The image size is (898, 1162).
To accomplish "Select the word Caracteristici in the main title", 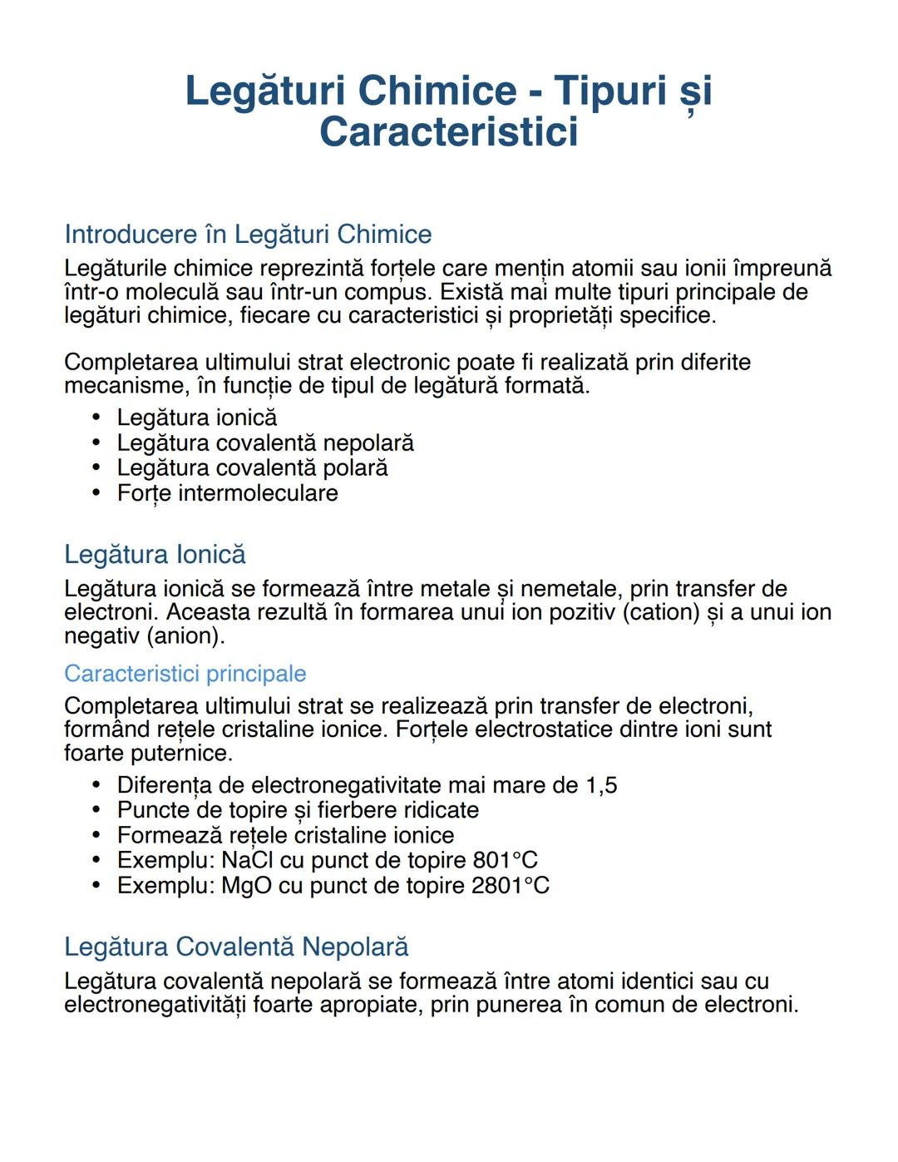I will click(x=448, y=131).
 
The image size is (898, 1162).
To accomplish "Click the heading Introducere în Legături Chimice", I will click(x=248, y=234).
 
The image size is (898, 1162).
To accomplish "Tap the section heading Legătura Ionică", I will click(x=155, y=554).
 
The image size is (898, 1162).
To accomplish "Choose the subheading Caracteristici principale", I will click(x=185, y=673).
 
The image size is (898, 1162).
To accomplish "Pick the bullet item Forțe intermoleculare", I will click(x=227, y=492).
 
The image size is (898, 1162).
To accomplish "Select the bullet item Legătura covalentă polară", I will click(x=252, y=467).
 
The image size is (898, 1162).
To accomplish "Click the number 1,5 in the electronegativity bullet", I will click(x=601, y=784).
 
